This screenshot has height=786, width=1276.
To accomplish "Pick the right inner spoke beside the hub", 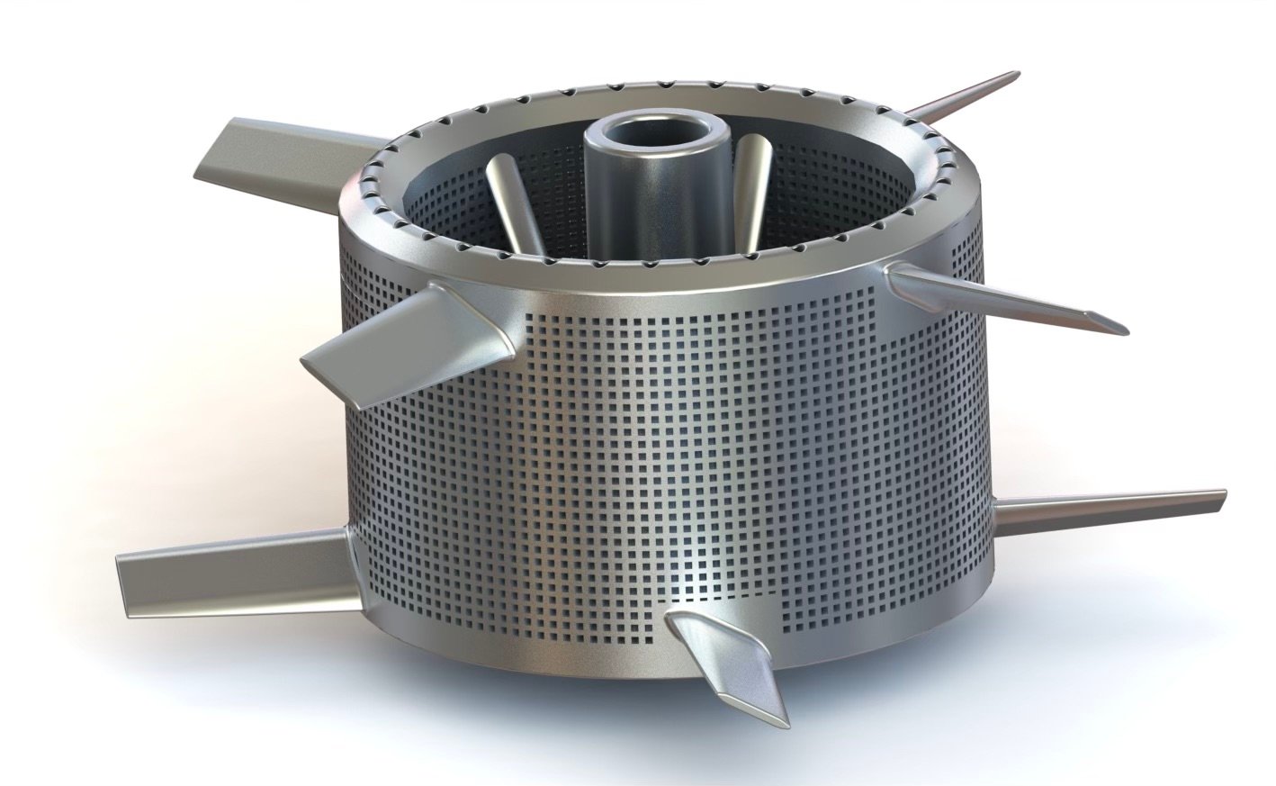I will tap(752, 189).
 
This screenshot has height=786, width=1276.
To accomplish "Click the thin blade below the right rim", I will tap(999, 297).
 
